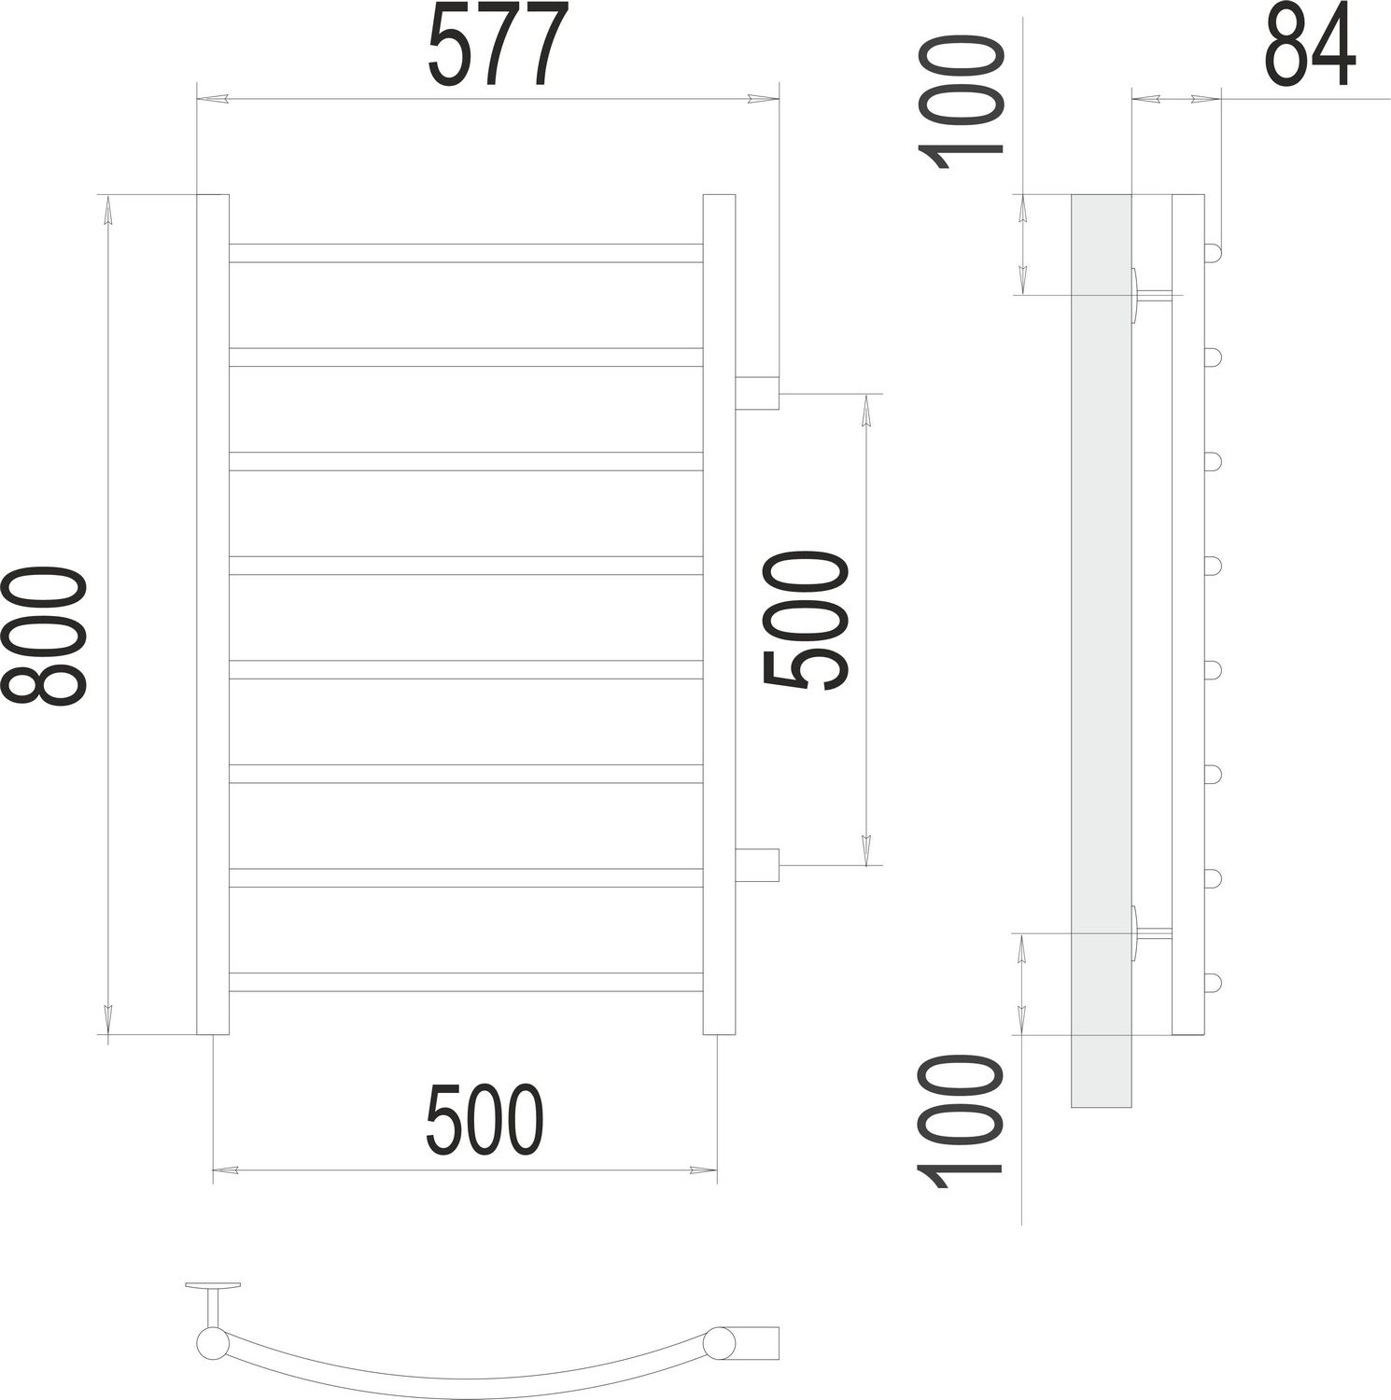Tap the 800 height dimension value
(45, 635)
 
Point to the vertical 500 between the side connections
(805, 621)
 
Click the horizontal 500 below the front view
(484, 1120)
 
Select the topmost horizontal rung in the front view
(465, 253)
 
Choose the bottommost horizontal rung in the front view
(465, 982)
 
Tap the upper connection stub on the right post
(757, 393)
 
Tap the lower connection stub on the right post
(757, 865)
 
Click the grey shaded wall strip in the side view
(1101, 653)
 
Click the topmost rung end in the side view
(1212, 253)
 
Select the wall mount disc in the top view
(213, 1286)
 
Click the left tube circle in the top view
(212, 1344)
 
